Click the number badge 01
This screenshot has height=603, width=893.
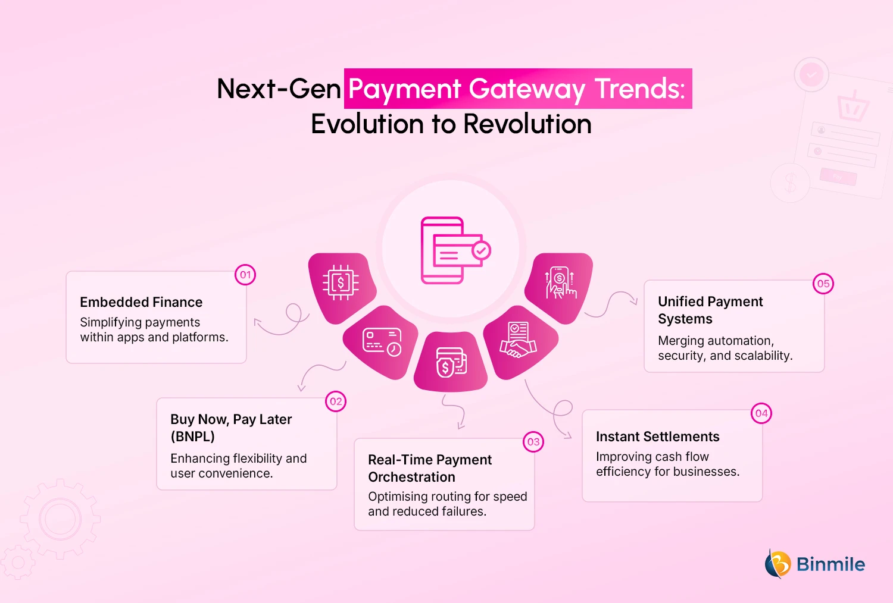tap(245, 275)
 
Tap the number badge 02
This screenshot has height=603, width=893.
tap(336, 401)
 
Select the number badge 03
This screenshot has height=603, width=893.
tap(533, 442)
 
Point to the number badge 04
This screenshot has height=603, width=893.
tap(761, 413)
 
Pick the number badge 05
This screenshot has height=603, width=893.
tap(823, 284)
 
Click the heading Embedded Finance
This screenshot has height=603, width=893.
tap(141, 302)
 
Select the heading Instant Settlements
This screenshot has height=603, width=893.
tap(657, 436)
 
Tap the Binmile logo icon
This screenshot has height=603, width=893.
tap(778, 564)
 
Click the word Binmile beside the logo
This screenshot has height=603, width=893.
tap(830, 564)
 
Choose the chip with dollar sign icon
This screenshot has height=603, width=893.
tap(341, 282)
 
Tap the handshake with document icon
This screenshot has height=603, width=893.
tap(518, 340)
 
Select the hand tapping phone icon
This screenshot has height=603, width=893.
tap(560, 282)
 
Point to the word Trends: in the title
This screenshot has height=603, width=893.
tap(641, 89)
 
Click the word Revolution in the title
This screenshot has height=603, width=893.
tap(527, 124)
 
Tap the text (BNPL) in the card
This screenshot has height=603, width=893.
tap(192, 436)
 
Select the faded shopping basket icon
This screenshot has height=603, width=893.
tap(853, 106)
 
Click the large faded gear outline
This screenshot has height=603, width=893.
tap(60, 519)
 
